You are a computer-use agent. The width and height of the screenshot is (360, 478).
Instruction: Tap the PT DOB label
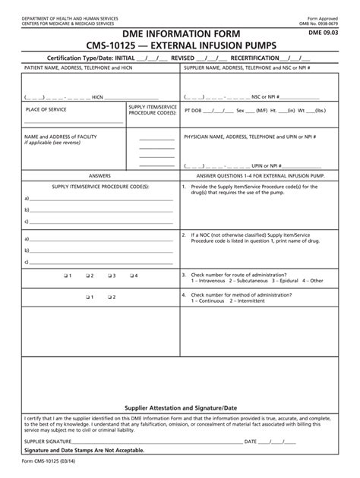pos(194,110)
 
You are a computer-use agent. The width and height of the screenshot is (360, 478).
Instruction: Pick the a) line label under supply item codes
pos(27,199)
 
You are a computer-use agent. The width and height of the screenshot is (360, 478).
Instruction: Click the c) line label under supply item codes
pos(27,222)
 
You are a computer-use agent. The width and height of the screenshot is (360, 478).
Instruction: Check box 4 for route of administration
pos(131,275)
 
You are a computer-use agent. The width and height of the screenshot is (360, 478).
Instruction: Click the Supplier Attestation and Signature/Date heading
pos(180,407)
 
